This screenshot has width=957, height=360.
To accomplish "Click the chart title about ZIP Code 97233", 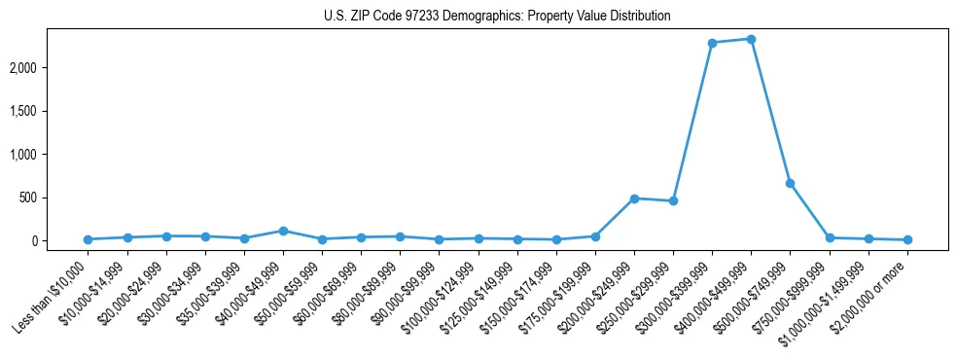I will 497,16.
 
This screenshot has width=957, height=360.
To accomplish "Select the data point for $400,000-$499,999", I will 751,39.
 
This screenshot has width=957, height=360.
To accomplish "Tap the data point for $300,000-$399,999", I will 712,43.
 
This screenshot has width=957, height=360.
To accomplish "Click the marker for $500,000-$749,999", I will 790,183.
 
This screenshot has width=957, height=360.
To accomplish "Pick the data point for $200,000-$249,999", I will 634,198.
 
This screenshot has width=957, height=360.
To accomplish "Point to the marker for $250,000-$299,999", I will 673,201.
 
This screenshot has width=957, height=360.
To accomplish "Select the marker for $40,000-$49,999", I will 283,231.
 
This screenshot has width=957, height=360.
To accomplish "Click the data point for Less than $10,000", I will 88,239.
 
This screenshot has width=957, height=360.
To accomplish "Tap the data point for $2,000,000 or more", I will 907,239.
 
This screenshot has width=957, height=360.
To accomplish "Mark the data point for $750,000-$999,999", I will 830,237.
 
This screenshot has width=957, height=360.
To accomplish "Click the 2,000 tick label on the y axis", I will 52,68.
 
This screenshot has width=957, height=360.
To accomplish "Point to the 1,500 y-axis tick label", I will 52,111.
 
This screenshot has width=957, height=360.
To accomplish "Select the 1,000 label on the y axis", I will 52,155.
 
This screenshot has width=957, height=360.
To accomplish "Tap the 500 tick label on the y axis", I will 56,198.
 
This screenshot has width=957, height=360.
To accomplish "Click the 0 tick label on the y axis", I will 62,241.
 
